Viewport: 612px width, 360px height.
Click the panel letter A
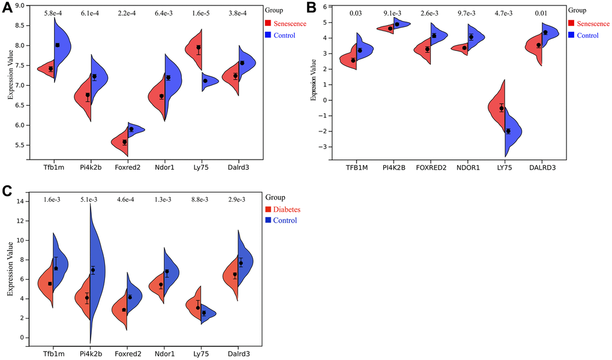(7, 8)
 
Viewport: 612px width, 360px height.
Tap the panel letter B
(311, 8)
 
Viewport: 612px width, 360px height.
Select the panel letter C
(7, 191)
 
